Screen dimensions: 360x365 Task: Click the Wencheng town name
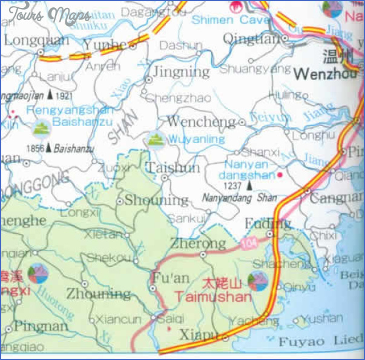(200, 122)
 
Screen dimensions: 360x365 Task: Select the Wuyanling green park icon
(156, 139)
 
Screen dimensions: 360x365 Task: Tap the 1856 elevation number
(35, 147)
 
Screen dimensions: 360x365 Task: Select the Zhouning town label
(98, 294)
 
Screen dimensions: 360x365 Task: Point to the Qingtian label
(251, 39)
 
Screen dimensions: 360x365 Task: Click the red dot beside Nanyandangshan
(280, 175)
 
